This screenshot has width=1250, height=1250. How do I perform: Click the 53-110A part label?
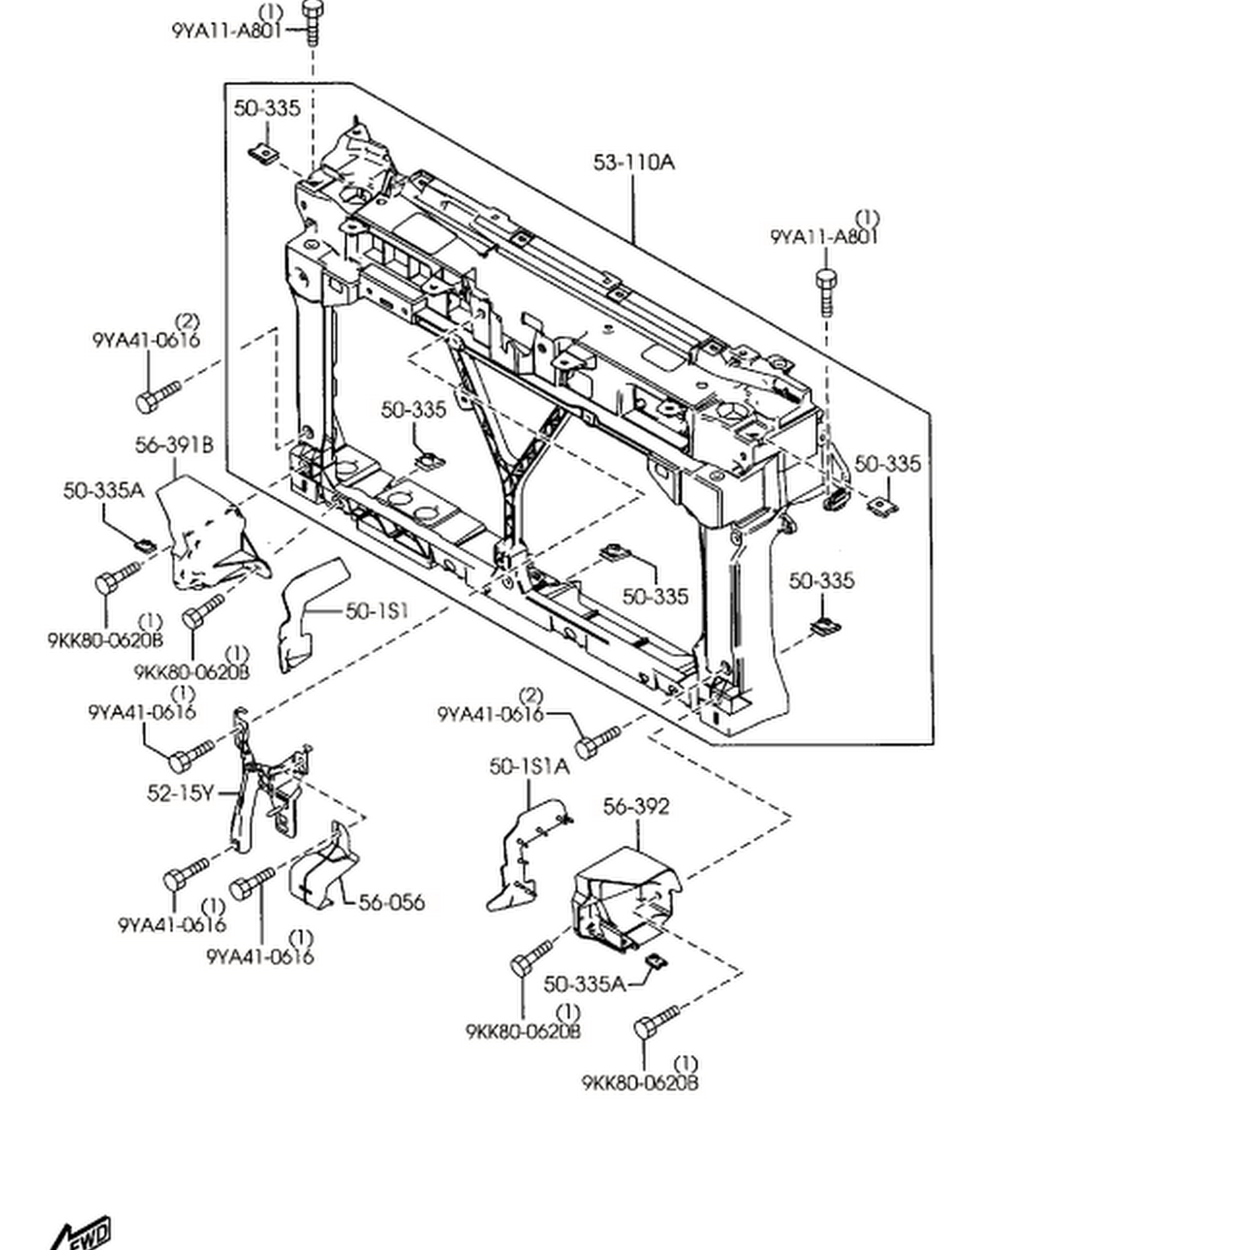[x=633, y=162]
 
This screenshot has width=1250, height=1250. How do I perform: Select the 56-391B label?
[x=174, y=445]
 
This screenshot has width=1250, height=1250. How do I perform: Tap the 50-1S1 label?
[x=376, y=611]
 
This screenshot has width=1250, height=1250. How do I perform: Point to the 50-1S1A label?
[x=529, y=767]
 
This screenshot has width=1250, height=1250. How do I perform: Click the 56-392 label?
[x=636, y=807]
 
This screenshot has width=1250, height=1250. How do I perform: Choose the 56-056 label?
[x=391, y=902]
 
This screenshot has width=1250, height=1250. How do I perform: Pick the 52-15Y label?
[x=180, y=793]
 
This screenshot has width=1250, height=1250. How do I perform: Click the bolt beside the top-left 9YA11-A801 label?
[x=312, y=22]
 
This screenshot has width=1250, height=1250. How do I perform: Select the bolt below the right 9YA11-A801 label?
[x=826, y=291]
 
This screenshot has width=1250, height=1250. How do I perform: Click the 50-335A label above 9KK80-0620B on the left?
[x=104, y=491]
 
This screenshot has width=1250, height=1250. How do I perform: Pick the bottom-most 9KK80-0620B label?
[x=640, y=1083]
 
